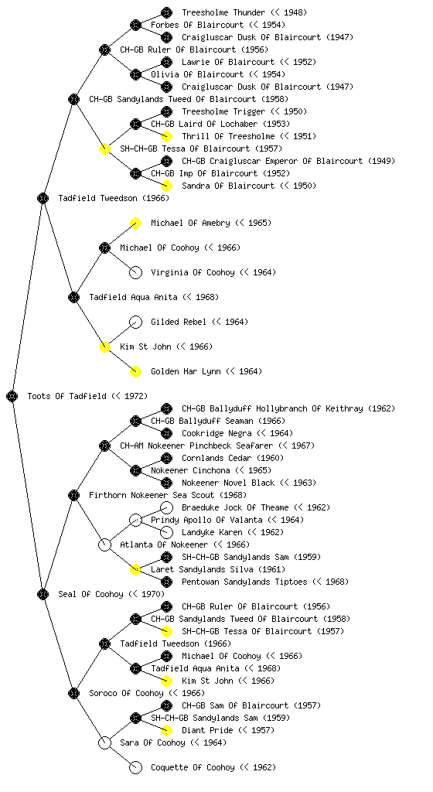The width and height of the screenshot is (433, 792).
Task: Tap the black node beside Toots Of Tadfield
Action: click(12, 396)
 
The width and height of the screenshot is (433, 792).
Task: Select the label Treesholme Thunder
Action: click(223, 12)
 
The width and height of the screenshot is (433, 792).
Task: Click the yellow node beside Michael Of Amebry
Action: click(135, 223)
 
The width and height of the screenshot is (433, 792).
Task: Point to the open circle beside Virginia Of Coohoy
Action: click(135, 272)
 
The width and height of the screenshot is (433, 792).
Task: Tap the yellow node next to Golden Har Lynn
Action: click(135, 371)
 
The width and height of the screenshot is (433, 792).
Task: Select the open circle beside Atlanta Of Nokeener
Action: click(104, 544)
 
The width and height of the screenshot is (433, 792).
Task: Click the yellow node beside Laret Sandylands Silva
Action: click(135, 569)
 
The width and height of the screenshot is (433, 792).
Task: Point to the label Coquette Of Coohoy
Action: click(193, 767)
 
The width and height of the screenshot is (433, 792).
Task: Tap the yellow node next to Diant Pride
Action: click(166, 730)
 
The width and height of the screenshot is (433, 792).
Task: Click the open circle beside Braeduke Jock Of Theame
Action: click(166, 507)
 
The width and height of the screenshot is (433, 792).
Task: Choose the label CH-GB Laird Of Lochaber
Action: click(204, 124)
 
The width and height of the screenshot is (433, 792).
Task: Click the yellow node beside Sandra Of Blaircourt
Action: click(166, 186)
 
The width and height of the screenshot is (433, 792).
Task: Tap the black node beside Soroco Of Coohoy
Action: click(73, 693)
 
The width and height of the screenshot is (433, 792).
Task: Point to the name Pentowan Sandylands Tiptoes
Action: click(244, 582)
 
